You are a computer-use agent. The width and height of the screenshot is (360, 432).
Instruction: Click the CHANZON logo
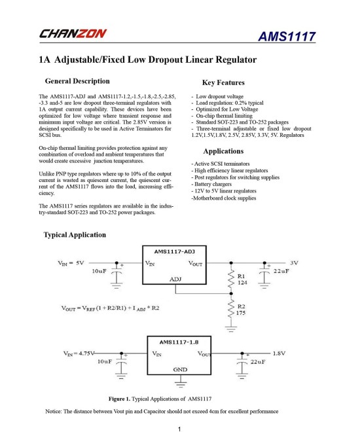click(x=73, y=33)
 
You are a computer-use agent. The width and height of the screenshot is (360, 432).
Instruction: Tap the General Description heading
click(x=77, y=81)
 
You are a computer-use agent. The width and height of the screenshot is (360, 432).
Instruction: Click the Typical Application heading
click(x=74, y=234)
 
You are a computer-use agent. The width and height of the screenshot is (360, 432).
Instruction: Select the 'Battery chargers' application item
click(x=210, y=183)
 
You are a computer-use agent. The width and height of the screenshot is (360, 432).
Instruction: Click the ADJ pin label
click(x=175, y=279)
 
